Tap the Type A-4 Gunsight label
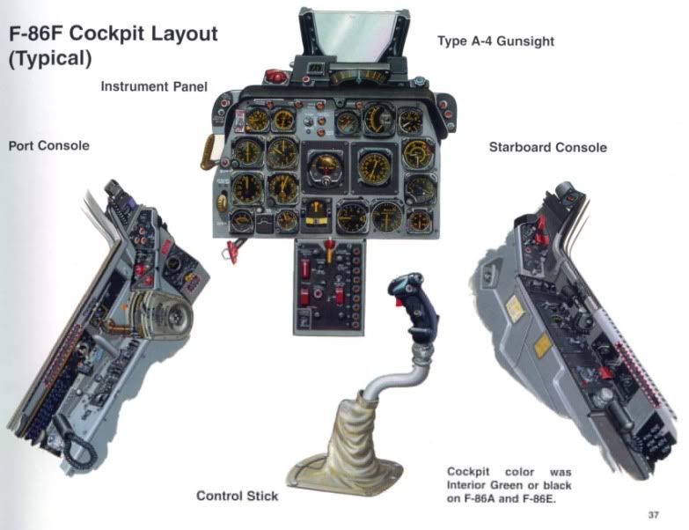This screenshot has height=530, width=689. coord(495,40)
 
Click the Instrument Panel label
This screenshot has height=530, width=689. coord(154,87)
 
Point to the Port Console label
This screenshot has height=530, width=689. coord(48,145)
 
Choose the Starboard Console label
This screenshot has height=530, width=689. coord(547,147)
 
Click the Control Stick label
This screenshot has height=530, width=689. coord(237,496)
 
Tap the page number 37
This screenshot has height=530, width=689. coord(652,514)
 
